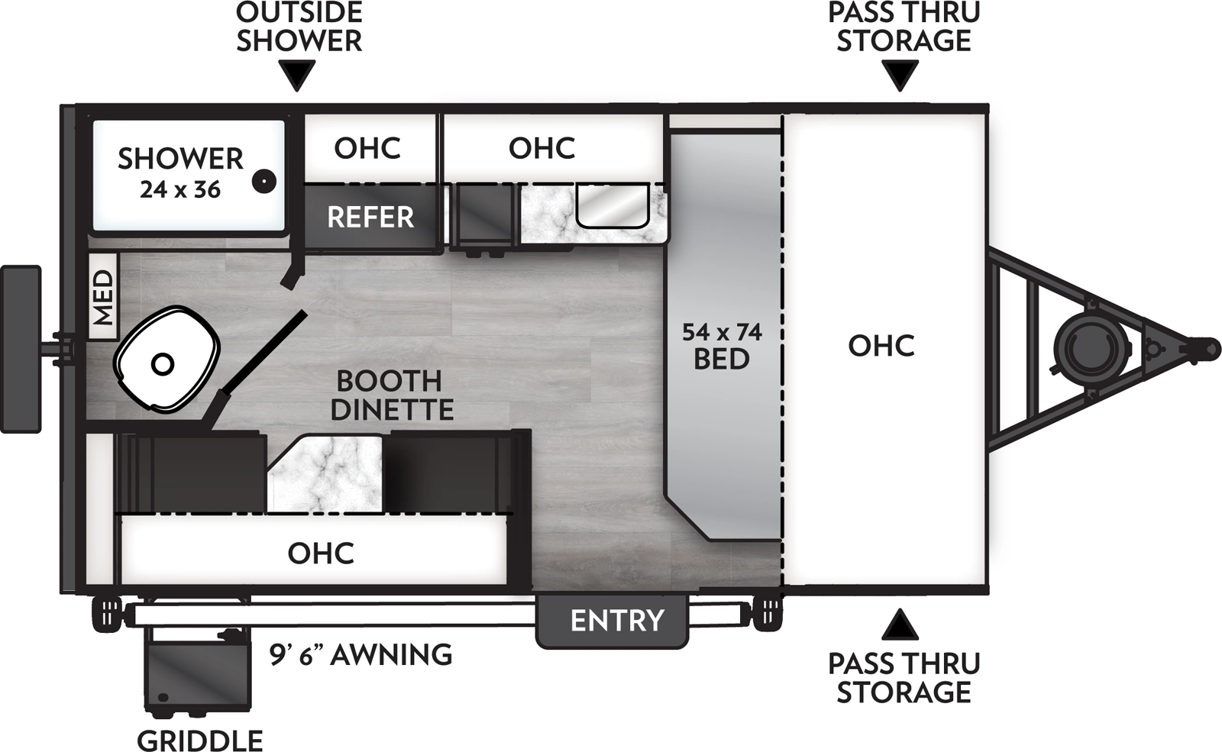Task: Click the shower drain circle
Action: click(264, 181)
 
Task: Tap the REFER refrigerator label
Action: click(370, 218)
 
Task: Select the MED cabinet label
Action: click(102, 298)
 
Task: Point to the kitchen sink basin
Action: click(612, 205)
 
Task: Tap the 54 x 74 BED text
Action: click(722, 346)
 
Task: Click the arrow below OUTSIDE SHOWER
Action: click(297, 76)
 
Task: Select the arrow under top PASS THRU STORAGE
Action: click(900, 76)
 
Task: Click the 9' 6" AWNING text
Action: click(360, 655)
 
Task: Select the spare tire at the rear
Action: click(21, 349)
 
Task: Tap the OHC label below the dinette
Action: click(321, 553)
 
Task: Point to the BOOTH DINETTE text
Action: click(392, 395)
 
